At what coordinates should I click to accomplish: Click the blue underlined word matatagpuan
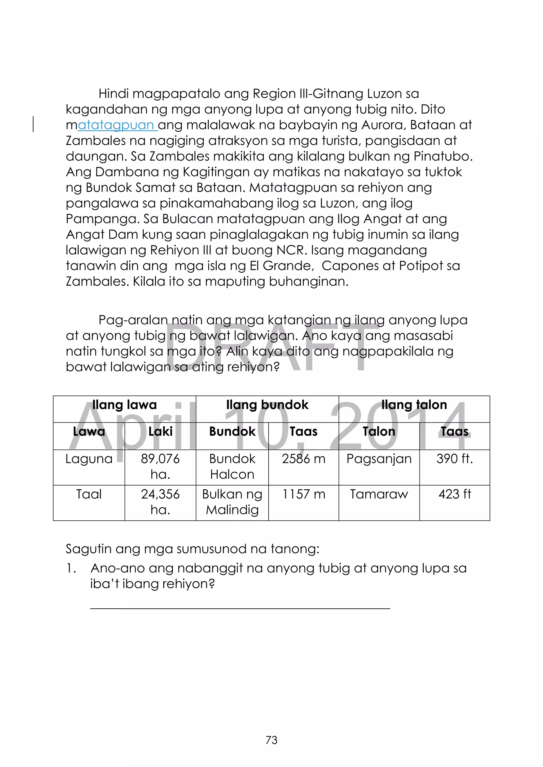(116, 125)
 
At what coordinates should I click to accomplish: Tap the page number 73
(271, 740)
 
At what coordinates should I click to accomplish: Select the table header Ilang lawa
(124, 405)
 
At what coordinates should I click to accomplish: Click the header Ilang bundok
(267, 405)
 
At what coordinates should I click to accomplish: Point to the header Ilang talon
(414, 405)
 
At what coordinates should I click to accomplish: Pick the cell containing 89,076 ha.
(160, 466)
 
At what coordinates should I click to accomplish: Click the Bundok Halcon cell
(232, 466)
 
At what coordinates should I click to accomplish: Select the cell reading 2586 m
(303, 459)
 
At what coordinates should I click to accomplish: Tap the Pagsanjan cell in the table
(379, 459)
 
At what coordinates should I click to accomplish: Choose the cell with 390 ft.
(454, 459)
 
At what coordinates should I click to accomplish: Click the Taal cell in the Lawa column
(89, 494)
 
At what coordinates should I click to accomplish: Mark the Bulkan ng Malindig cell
(232, 502)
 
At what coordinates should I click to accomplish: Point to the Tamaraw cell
(379, 494)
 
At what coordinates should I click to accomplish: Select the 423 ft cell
(454, 494)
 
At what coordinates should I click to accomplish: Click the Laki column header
(160, 432)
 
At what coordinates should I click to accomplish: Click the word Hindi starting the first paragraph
(113, 94)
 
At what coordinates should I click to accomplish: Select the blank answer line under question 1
(240, 608)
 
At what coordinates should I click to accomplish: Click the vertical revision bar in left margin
(33, 124)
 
